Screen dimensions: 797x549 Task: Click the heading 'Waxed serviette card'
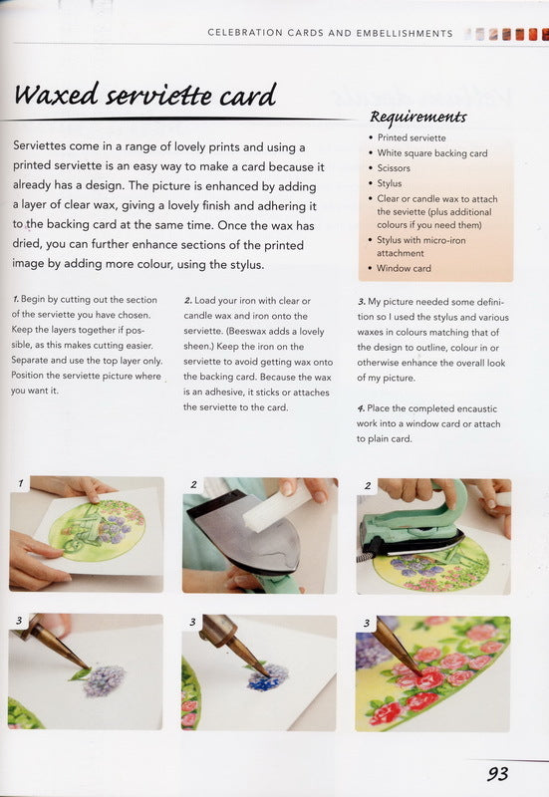coord(144,98)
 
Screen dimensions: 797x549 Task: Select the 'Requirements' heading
coord(417,117)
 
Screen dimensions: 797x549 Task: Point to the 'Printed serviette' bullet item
coord(412,137)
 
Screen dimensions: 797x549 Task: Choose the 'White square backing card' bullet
coord(431,153)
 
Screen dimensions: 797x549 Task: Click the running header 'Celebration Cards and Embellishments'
coord(330,33)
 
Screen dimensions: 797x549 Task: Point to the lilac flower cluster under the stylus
coord(104,680)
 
